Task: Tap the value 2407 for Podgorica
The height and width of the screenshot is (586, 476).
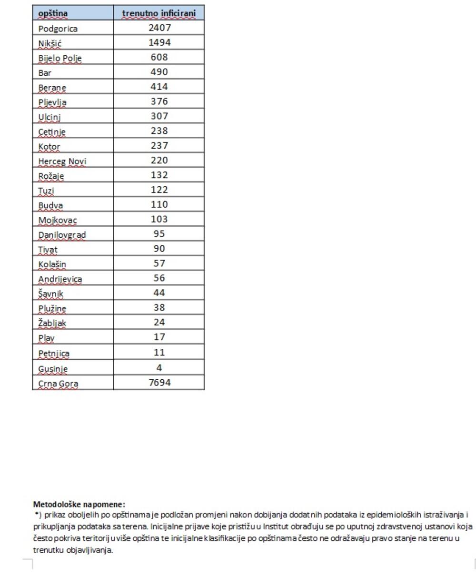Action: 159,28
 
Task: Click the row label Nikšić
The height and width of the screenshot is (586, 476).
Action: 50,43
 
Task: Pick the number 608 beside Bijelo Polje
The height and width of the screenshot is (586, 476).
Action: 159,57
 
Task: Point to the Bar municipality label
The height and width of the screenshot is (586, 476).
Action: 45,73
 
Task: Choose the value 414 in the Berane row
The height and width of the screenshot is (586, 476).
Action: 159,87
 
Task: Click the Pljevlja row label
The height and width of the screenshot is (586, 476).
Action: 52,102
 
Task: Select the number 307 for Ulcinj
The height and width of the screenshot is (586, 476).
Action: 159,116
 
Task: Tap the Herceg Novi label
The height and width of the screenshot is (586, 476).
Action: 62,161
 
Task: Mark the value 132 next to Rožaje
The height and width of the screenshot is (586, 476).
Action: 159,175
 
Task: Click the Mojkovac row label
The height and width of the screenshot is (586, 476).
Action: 58,220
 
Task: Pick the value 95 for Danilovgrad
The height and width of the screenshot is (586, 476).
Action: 159,234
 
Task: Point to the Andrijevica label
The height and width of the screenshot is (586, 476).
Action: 60,279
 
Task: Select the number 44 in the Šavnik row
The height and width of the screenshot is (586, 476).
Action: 159,293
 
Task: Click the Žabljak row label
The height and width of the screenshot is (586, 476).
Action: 52,323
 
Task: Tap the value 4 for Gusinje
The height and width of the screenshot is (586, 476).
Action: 159,368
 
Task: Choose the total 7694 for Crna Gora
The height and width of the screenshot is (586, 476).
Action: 159,383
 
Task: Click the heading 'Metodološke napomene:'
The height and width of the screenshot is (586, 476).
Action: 79,504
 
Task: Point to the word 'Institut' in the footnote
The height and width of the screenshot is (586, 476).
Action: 277,527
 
